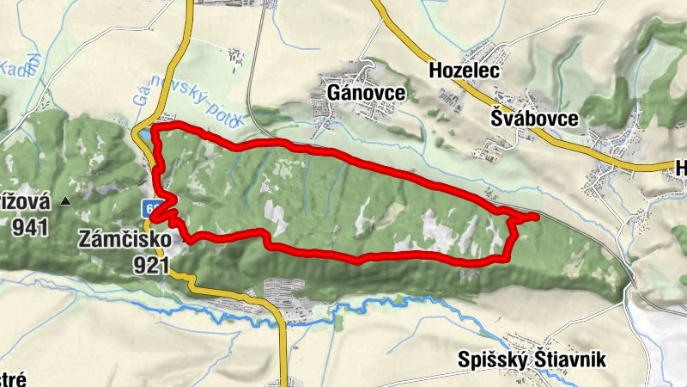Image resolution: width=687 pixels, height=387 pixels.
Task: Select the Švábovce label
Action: [533, 118]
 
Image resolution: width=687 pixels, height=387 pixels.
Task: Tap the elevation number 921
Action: [150, 265]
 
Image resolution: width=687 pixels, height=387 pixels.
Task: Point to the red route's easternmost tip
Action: [537, 217]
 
